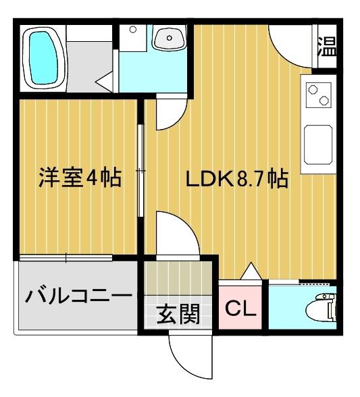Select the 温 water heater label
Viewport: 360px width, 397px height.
pyautogui.click(x=327, y=47)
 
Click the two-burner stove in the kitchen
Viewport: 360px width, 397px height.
pyautogui.click(x=317, y=95)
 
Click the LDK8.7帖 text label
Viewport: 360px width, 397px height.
pyautogui.click(x=238, y=180)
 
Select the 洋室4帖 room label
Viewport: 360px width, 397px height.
pyautogui.click(x=78, y=178)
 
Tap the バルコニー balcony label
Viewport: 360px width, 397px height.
pyautogui.click(x=78, y=296)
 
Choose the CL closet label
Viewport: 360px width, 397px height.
pyautogui.click(x=240, y=309)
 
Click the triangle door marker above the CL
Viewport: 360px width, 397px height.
pyautogui.click(x=250, y=271)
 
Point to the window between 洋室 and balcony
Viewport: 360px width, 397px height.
pyautogui.click(x=66, y=257)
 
